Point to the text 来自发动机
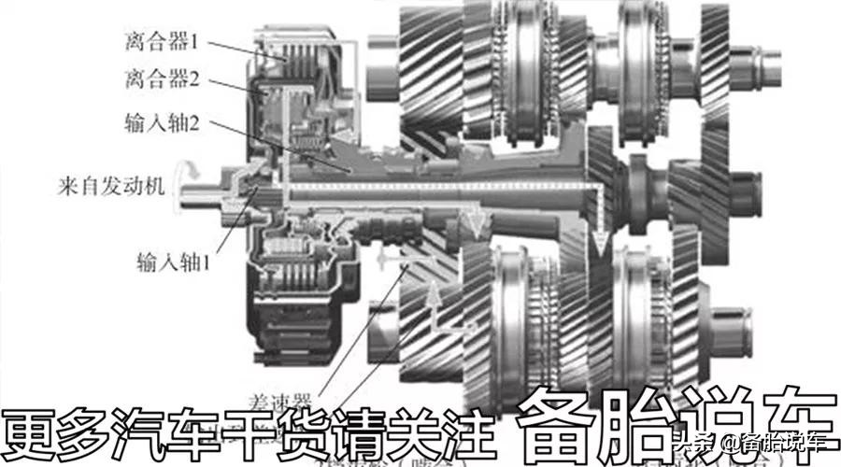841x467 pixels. tap(111, 185)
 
